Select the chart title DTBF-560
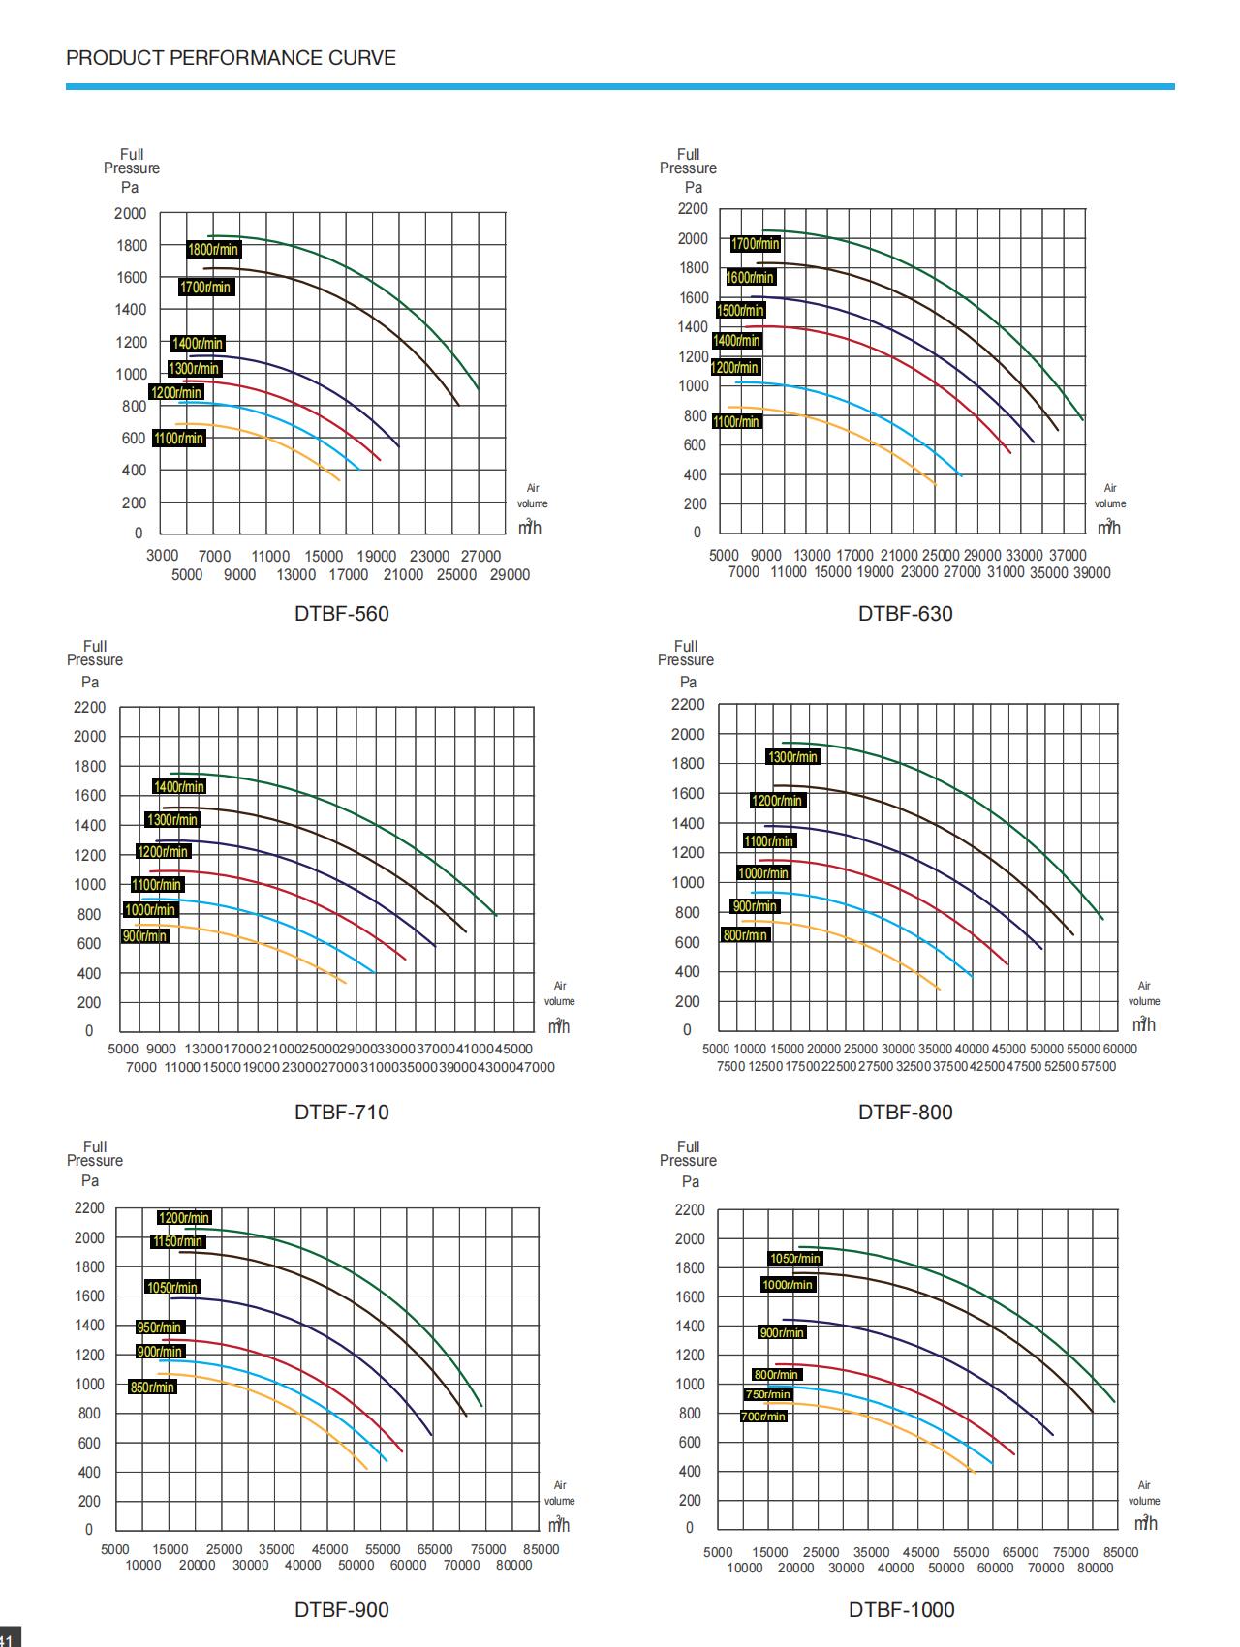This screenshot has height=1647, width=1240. pos(341,614)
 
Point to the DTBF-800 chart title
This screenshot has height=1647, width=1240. pos(905,1113)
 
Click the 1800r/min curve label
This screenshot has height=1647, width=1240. pos(213,250)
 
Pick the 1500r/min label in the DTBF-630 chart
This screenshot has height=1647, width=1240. pos(741,311)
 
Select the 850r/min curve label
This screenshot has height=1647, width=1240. pos(152,1388)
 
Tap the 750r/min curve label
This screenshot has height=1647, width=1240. pos(768,1394)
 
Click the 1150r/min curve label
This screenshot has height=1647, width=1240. pos(178,1241)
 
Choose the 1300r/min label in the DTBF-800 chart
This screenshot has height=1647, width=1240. pos(792,757)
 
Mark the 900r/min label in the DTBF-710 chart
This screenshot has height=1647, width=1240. pos(145,936)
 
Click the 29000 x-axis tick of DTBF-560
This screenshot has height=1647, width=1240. pos(510,575)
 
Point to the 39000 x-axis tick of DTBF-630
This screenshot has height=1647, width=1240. pos(1092,573)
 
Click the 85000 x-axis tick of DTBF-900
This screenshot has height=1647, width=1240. pos(541,1549)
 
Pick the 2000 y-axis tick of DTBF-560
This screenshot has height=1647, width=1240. pos(131,214)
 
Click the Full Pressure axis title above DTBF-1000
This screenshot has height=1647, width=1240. pos(688,1154)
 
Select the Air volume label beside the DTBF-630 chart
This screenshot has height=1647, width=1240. pos(1110,496)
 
